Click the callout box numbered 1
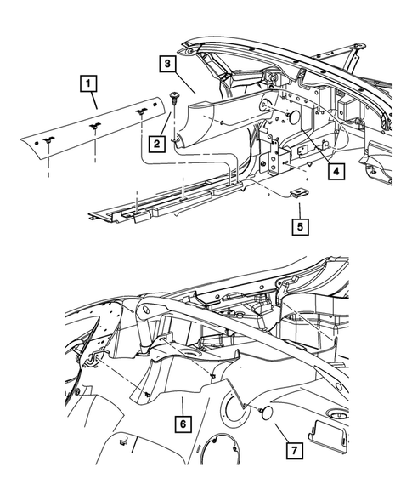pos(87,84)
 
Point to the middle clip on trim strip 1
pos(93,124)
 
